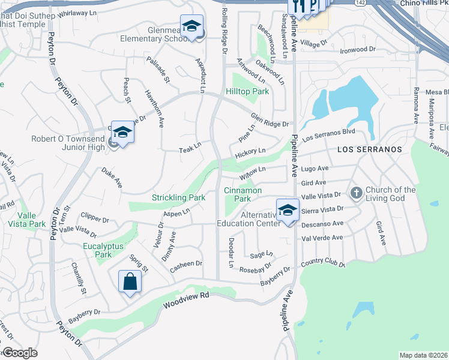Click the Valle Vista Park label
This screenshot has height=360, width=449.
23,220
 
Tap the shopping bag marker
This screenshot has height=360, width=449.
131,281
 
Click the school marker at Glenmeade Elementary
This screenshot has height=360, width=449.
191,26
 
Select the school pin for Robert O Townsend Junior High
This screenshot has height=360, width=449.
122,133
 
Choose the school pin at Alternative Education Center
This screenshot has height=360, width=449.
288,211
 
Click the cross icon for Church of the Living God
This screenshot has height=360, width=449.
355,193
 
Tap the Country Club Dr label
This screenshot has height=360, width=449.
324,263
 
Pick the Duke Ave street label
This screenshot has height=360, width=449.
112,178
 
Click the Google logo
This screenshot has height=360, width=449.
19,353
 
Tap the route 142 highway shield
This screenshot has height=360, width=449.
359,3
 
